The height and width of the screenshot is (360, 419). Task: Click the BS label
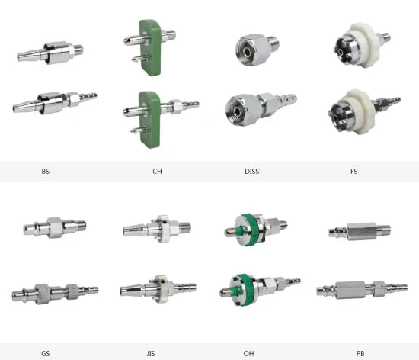click(x=46, y=172)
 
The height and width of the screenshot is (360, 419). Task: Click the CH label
click(x=157, y=172)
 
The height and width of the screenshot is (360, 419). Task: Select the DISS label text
click(x=251, y=172)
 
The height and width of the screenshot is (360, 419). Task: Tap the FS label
click(x=353, y=172)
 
